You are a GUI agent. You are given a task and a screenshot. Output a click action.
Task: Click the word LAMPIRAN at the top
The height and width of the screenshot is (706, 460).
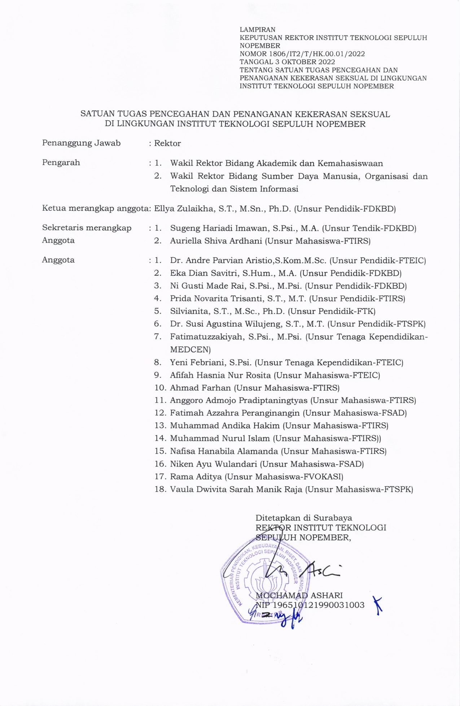(258, 30)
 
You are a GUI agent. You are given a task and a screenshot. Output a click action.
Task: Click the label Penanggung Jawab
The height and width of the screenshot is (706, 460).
(81, 143)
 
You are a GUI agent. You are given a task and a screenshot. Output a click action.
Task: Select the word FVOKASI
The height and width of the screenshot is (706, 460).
(323, 477)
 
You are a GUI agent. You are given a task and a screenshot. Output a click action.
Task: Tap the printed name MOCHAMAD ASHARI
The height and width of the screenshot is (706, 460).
(299, 595)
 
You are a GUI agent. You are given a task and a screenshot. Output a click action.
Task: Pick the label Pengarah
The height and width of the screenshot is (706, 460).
(61, 163)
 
